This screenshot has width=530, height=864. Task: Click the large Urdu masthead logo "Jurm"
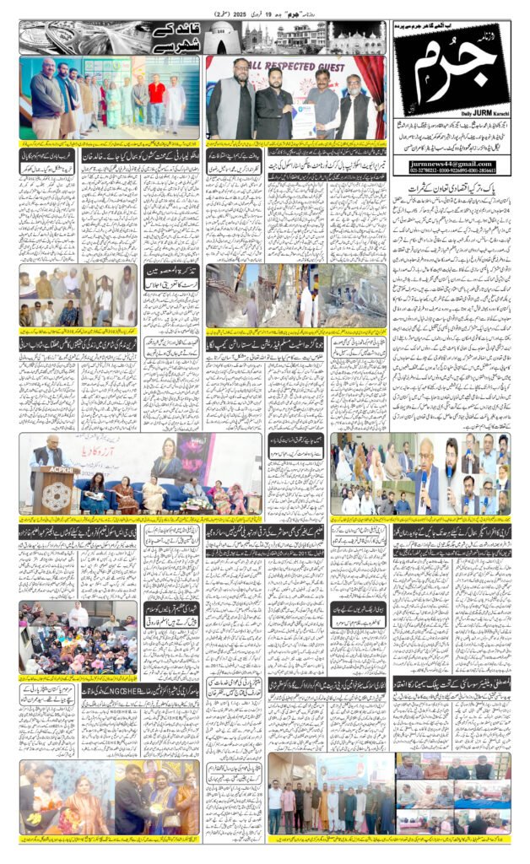(x=452, y=72)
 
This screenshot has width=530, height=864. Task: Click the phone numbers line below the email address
(x=451, y=171)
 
